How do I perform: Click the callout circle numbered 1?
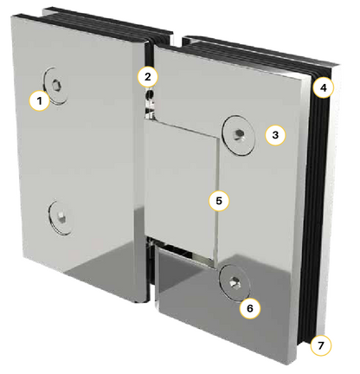37,101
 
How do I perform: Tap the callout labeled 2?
148,76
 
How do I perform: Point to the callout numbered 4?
322,87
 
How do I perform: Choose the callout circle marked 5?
220,200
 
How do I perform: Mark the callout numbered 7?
321,345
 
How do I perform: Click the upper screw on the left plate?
56,86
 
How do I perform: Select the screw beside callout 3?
236,132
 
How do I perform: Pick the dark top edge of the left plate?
78,19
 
